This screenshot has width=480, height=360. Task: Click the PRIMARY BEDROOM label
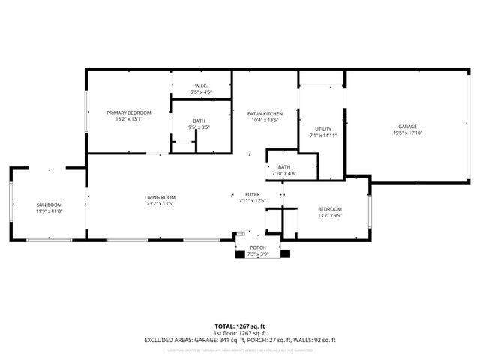coord(128,112)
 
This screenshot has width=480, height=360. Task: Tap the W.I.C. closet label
coord(201,86)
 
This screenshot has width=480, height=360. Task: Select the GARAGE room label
coord(407,127)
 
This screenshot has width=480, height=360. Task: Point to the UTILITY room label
coord(322,130)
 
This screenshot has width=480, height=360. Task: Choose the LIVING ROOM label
coord(160,197)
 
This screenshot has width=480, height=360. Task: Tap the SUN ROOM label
coord(49,205)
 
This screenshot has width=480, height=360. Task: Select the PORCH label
coord(258,247)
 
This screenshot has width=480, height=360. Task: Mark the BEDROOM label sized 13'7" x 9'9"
coord(329,209)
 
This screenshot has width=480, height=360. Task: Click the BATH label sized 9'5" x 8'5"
coord(199,121)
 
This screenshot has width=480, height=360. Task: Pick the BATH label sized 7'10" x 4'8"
coord(283,167)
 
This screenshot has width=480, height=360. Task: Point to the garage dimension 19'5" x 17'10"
coord(407,133)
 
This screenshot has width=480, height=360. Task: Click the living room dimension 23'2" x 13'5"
coord(160,203)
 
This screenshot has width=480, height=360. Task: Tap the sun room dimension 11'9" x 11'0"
coord(49,211)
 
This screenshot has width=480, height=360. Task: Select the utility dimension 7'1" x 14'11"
coord(322,136)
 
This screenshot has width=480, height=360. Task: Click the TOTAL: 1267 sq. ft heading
coord(239,326)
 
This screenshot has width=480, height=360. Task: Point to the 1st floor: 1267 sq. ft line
coord(239,333)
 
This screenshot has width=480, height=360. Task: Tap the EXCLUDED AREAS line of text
coord(239,340)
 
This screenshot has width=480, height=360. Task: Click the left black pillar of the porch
coord(240,253)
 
